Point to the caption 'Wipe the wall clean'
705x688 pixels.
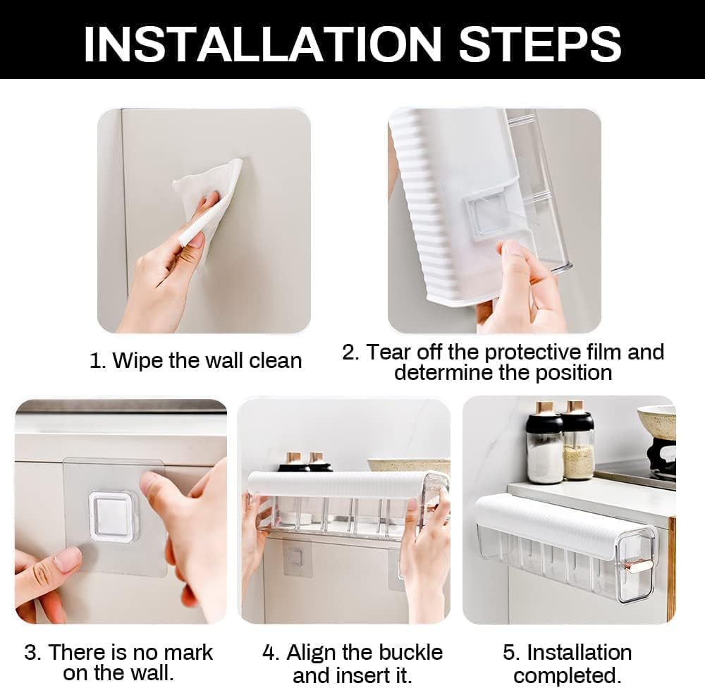[207, 360]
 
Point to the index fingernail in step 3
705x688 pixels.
[68, 560]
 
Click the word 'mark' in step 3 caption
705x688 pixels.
[188, 652]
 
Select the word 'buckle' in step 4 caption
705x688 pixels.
[410, 652]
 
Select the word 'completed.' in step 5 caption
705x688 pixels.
[568, 675]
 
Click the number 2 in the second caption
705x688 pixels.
[348, 352]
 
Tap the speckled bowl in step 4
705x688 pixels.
[409, 465]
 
